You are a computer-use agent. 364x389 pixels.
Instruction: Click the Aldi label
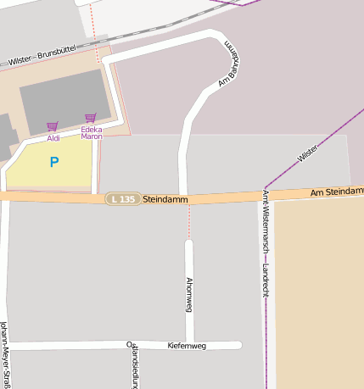click(x=53, y=137)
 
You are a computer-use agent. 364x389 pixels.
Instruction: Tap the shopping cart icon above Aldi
click(x=53, y=126)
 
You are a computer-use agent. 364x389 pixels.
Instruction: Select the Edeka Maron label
click(x=91, y=132)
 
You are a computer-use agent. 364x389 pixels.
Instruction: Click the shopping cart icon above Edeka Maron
click(x=90, y=118)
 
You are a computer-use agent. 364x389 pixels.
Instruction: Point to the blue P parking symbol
click(x=54, y=162)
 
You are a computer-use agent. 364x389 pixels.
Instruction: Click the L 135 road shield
click(x=122, y=199)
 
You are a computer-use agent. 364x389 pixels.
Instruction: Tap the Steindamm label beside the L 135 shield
click(x=161, y=199)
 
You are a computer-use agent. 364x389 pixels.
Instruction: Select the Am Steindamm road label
click(x=336, y=192)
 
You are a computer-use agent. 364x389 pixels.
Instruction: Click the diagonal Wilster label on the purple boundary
click(x=308, y=153)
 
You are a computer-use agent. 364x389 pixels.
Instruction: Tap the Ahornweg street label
click(x=188, y=294)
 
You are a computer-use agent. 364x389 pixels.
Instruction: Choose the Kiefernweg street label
click(x=187, y=346)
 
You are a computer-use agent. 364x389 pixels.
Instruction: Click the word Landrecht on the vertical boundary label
click(x=266, y=272)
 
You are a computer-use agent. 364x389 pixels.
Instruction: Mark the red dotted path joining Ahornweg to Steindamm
click(x=188, y=222)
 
